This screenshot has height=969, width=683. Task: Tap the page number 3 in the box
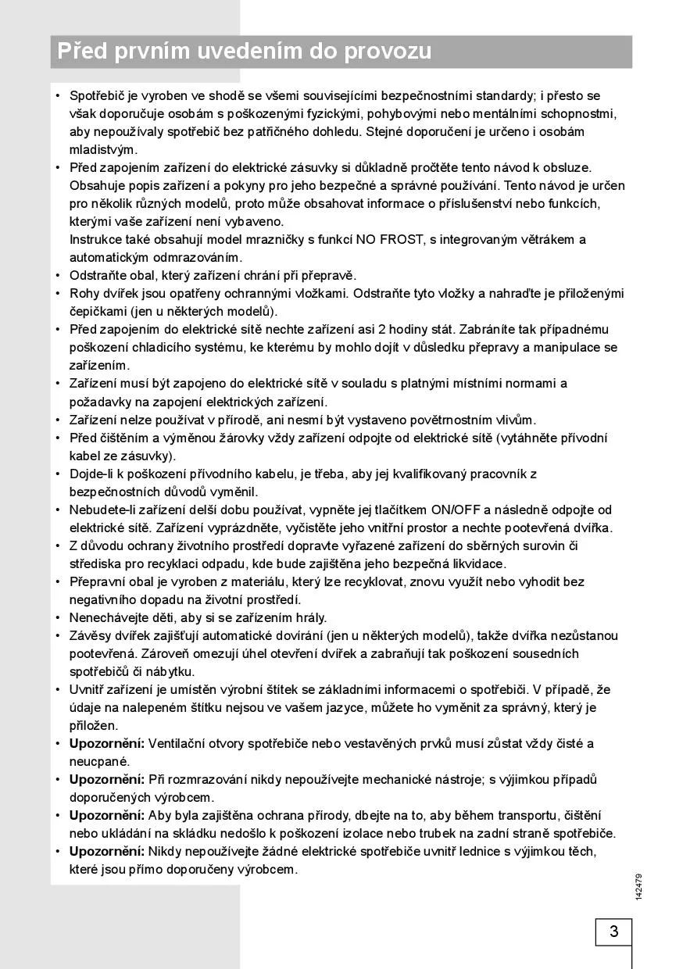pos(613,931)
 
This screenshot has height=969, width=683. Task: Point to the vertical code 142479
pos(638,886)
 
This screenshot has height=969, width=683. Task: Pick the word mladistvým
pos(103,149)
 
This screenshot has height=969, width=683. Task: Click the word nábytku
pos(168,671)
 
